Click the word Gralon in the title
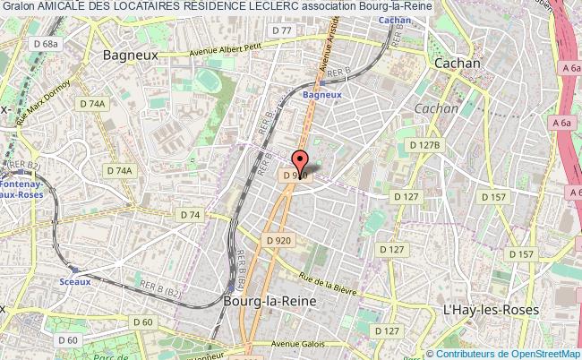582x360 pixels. click(18, 6)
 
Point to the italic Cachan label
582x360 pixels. click(436, 108)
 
